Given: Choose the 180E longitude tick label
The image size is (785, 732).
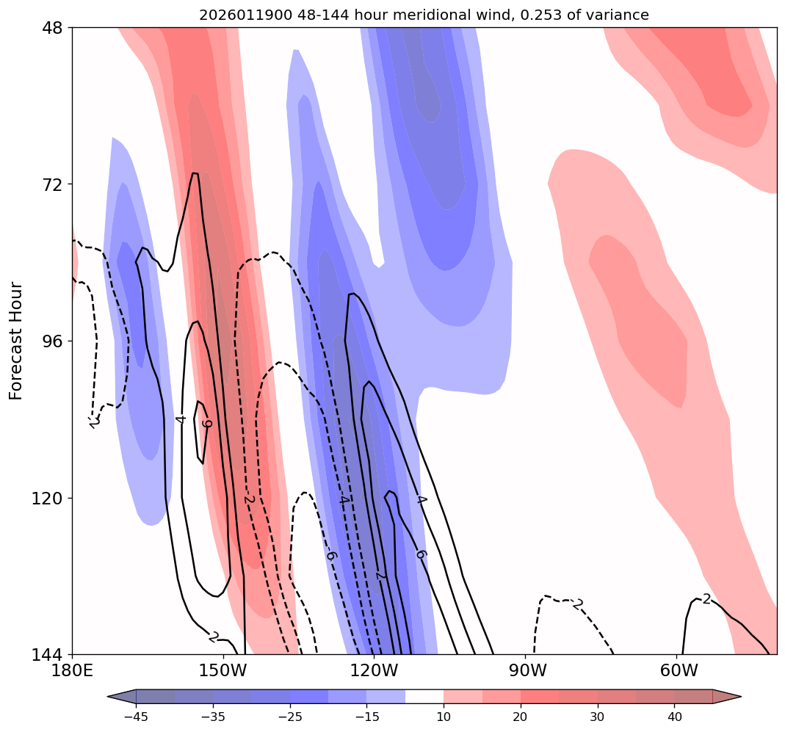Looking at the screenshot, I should click(72, 671).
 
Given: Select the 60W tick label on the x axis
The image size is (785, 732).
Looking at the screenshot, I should click(678, 671).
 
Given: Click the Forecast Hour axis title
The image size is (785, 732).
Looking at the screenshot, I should click(17, 341).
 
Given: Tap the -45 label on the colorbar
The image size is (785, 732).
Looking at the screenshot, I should click(136, 717).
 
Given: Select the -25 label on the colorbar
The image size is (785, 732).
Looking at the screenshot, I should click(289, 717).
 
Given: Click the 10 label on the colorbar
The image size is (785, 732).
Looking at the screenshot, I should click(444, 717).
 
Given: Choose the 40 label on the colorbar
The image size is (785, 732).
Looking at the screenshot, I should click(674, 717).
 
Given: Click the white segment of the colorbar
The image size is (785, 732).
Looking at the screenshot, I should click(424, 696).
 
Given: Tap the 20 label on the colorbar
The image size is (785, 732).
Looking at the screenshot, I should click(520, 717).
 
